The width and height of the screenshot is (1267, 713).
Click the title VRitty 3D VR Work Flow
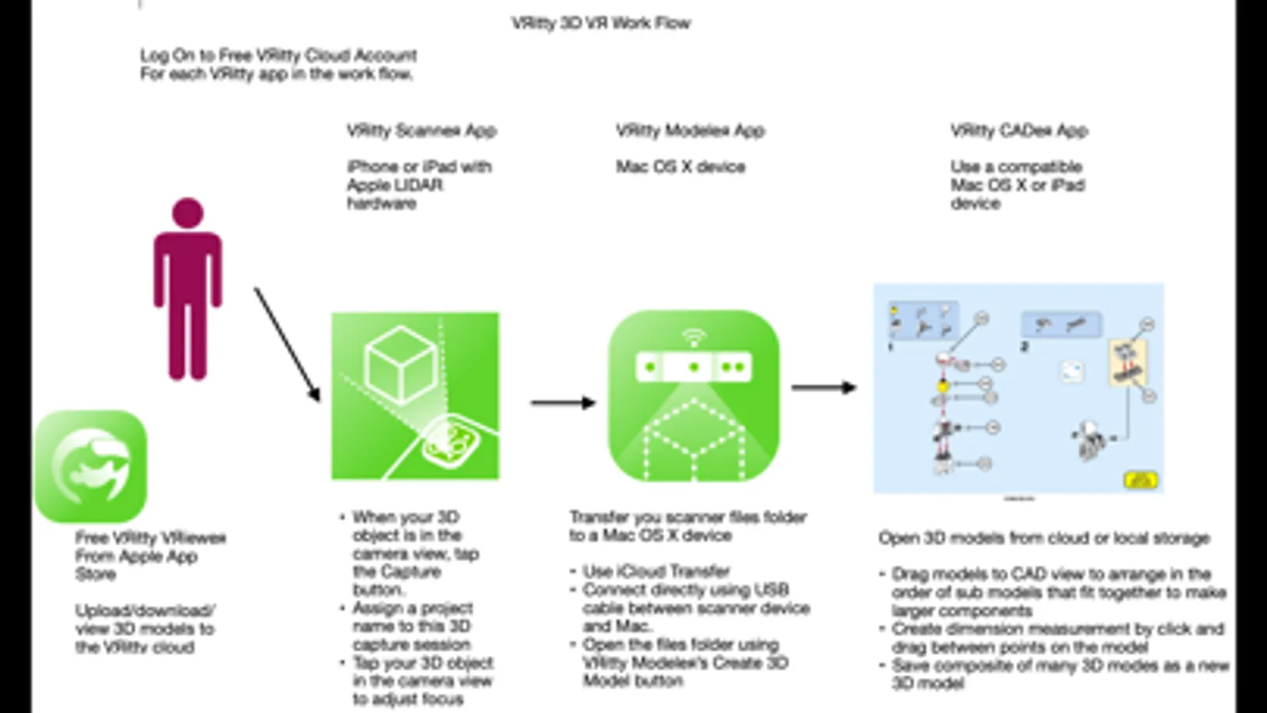(x=601, y=23)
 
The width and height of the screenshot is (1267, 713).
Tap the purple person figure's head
(x=188, y=212)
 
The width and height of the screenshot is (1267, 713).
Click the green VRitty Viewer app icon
(x=91, y=466)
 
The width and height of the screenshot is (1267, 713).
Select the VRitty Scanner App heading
(x=421, y=131)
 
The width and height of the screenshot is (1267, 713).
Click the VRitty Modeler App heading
(x=689, y=131)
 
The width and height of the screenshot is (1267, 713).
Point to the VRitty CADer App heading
(x=1018, y=131)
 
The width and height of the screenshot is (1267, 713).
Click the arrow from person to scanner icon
(x=287, y=344)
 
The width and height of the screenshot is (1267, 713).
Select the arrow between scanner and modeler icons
(x=563, y=402)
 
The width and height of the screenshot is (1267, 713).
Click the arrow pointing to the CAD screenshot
(x=824, y=387)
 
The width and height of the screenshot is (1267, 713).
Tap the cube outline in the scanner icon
(x=400, y=364)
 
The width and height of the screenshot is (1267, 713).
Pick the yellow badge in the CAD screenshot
(x=1139, y=479)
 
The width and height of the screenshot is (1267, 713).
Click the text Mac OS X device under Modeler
(x=681, y=167)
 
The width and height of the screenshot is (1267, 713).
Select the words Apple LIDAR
(x=395, y=185)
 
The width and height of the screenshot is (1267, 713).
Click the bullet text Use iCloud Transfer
(x=656, y=571)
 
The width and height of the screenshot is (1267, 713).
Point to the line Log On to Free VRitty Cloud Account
(x=278, y=55)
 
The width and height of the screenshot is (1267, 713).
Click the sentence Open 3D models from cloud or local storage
(x=1044, y=539)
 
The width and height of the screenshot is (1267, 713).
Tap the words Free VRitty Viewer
(x=151, y=538)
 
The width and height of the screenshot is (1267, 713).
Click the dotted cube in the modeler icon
(x=693, y=440)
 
